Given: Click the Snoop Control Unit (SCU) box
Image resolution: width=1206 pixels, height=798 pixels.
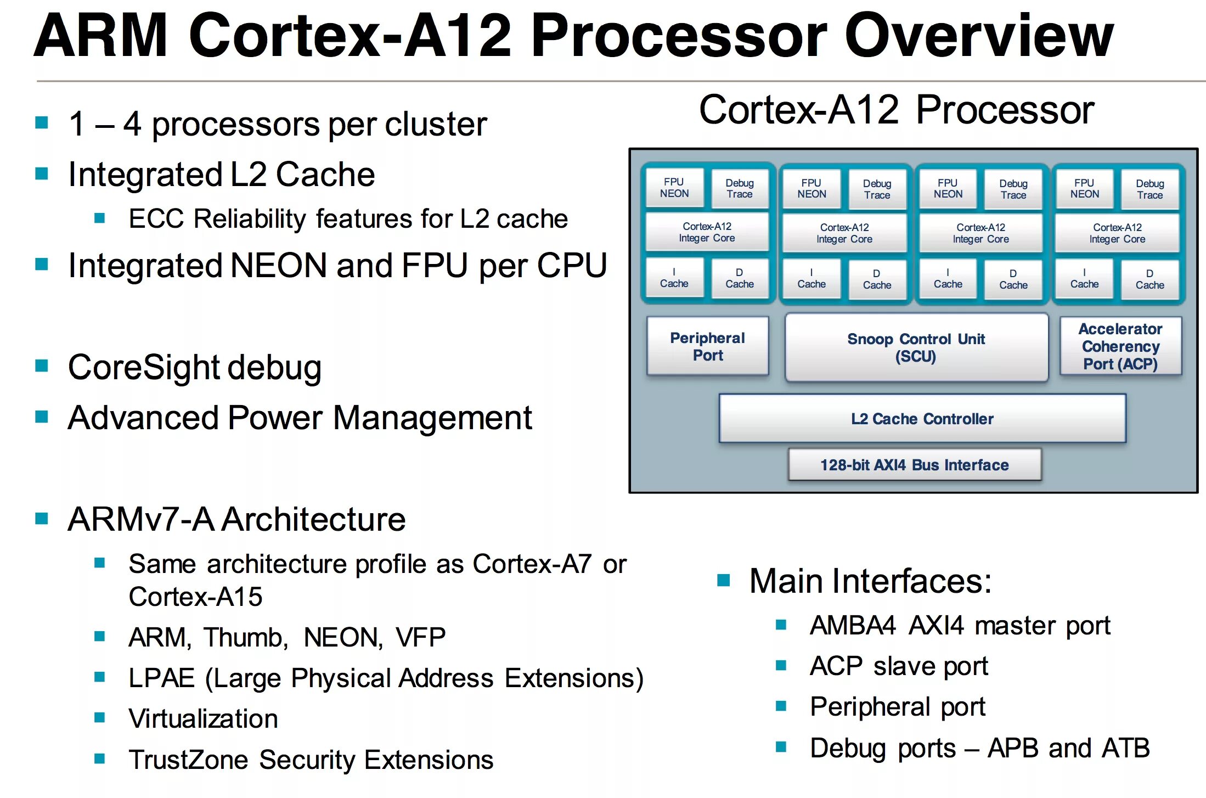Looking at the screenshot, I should click(x=916, y=347).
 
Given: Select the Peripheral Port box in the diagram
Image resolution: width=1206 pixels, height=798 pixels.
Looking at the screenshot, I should click(x=707, y=346).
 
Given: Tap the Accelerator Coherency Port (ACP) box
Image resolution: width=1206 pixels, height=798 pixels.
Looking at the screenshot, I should click(x=1120, y=346).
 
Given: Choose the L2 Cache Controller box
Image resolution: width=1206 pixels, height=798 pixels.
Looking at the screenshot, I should click(x=922, y=419).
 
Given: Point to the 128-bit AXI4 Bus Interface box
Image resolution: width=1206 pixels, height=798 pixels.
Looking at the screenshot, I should click(x=914, y=465).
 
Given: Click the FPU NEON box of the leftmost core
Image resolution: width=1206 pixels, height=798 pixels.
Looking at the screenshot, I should click(x=674, y=188).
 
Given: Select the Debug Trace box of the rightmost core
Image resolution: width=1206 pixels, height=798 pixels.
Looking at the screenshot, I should click(x=1149, y=189).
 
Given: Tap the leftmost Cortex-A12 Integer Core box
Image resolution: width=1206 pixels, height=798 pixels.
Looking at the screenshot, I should click(x=707, y=232).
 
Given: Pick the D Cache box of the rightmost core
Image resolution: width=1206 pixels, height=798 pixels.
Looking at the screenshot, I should click(x=1149, y=279).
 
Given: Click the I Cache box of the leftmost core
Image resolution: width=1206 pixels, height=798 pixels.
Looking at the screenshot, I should click(x=674, y=278).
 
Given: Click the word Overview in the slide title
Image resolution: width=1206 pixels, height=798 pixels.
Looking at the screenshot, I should click(x=979, y=36).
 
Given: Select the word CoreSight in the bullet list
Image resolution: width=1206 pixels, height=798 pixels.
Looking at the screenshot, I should click(x=144, y=367).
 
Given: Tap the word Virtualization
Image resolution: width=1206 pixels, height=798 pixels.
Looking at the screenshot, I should click(x=203, y=718).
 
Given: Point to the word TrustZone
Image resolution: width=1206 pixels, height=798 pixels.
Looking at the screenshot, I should click(x=188, y=760).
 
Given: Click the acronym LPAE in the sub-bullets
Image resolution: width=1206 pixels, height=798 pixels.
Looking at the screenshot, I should click(x=161, y=678).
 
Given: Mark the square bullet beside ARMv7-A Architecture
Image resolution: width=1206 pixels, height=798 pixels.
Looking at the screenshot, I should click(x=42, y=519).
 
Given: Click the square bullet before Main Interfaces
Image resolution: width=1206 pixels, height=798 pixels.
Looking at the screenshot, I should click(x=724, y=580).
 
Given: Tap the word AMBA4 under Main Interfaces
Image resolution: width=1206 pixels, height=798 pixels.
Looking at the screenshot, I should click(x=853, y=625).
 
